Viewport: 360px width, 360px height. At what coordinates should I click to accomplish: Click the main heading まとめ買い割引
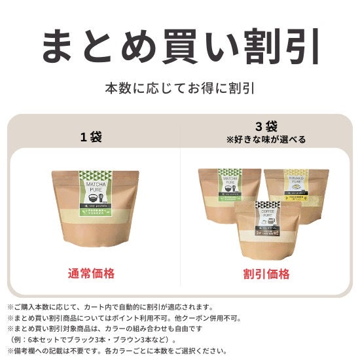coord(180,45)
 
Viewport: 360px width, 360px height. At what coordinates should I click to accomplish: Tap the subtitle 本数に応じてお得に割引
coord(180,87)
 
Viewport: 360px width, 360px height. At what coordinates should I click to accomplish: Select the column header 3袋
coord(266,126)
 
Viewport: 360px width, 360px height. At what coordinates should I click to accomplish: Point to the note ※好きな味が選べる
coord(266,139)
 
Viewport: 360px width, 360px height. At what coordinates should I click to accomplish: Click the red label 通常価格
coord(91,274)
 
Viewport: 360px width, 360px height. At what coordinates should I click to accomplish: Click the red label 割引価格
coord(266,274)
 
